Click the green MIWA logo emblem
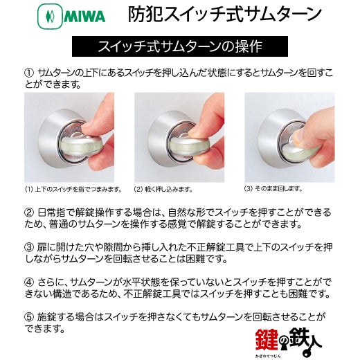(50, 17)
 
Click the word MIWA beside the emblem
(84, 17)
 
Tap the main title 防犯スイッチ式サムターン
(224, 14)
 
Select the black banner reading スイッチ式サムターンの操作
(180, 46)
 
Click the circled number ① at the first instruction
(29, 73)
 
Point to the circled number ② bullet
(29, 213)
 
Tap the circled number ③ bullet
(29, 247)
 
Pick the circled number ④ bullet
(29, 282)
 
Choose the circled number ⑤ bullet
(29, 316)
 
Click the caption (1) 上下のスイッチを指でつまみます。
(73, 190)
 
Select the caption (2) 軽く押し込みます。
(163, 190)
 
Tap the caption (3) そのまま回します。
(273, 189)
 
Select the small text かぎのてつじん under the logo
(268, 356)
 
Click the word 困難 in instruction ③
(195, 259)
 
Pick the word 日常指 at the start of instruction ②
(51, 213)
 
